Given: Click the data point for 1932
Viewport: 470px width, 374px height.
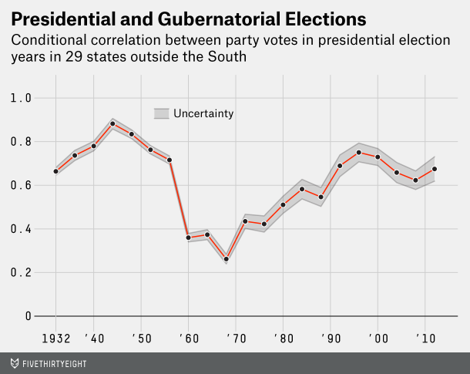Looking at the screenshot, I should (x=55, y=171).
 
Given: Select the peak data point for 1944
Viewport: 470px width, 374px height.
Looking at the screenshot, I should (x=112, y=123).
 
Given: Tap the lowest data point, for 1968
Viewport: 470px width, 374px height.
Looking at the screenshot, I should (x=226, y=259).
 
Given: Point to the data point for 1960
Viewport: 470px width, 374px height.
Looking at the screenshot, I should (x=188, y=238).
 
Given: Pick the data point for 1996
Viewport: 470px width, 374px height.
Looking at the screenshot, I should (x=358, y=153).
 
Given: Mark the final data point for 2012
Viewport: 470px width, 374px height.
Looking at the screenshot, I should (x=435, y=169).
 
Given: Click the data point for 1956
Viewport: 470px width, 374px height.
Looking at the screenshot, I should (x=170, y=160).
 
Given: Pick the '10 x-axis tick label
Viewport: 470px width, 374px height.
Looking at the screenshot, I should (x=423, y=339).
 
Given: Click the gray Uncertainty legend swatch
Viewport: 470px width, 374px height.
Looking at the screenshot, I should (x=161, y=113).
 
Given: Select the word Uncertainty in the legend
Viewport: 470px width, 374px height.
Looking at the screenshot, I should (x=203, y=113).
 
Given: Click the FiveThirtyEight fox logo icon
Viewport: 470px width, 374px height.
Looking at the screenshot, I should (x=15, y=361).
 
